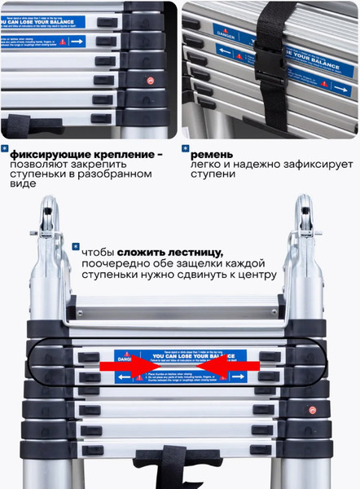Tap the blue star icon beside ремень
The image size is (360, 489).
pos(186,149)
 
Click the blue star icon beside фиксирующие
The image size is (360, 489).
pos(6,149)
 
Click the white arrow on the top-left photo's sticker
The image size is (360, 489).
pos(78,40)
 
